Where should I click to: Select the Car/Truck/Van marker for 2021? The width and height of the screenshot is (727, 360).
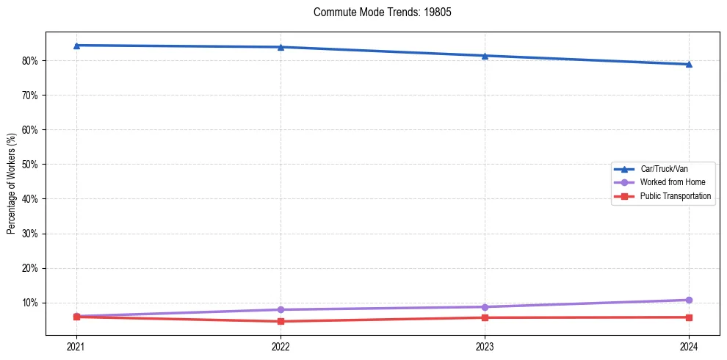point(76,46)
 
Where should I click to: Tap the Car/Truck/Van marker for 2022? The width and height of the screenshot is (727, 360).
point(281,47)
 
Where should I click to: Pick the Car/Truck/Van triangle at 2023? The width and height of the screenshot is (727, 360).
point(485,56)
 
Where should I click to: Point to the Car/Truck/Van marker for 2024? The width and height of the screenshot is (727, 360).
point(689,64)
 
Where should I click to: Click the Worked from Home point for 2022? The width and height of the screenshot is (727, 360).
point(281,309)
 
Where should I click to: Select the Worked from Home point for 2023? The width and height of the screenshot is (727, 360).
point(485,306)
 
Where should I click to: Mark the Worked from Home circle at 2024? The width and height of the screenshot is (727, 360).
point(689,300)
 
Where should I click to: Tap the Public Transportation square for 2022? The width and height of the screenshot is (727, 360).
point(281,321)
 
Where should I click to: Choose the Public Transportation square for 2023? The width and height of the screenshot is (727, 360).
point(485,317)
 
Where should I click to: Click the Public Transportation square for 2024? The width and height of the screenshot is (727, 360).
point(689,317)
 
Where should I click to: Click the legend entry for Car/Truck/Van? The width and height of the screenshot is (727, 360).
point(664,169)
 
